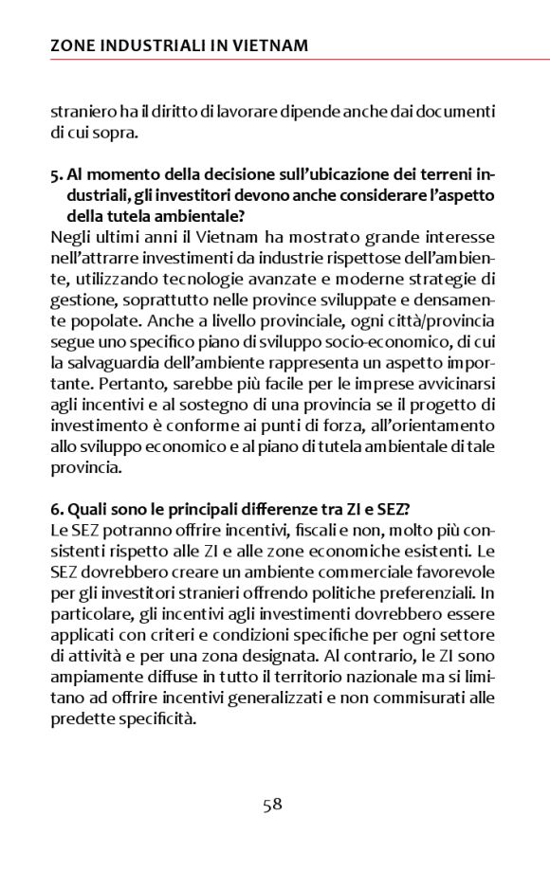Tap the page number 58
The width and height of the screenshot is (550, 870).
pyautogui.click(x=273, y=805)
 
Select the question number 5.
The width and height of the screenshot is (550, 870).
pyautogui.click(x=55, y=175)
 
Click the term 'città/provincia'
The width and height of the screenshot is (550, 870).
pyautogui.click(x=442, y=321)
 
